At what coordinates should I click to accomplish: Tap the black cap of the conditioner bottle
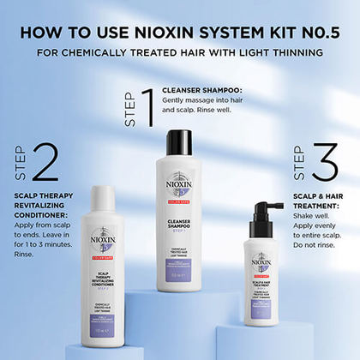tap(103, 196)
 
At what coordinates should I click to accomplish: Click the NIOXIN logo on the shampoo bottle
tap(179, 184)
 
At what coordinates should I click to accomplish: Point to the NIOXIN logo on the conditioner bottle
tap(104, 236)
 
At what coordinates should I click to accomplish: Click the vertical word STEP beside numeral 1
tap(129, 111)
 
